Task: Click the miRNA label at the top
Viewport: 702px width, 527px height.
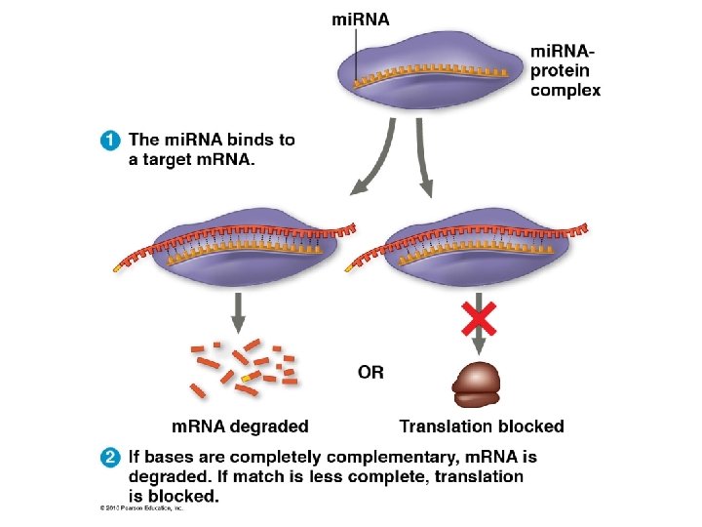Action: pos(359,20)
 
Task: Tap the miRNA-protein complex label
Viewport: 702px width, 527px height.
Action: pos(565,69)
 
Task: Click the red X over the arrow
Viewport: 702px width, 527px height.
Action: pos(479,317)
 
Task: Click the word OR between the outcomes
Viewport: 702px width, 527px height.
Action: pos(371,372)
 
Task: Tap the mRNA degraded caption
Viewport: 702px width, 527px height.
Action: pos(240,426)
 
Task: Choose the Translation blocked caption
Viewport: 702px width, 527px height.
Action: pos(482,426)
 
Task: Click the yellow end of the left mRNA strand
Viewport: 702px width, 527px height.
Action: pos(120,264)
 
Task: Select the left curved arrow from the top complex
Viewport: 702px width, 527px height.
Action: pos(374,161)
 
